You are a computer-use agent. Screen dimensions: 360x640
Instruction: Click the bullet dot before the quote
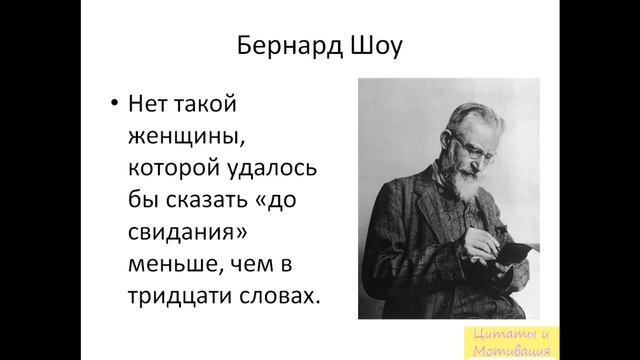pos(115,103)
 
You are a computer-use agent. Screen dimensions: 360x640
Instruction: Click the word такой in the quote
pos(212,103)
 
